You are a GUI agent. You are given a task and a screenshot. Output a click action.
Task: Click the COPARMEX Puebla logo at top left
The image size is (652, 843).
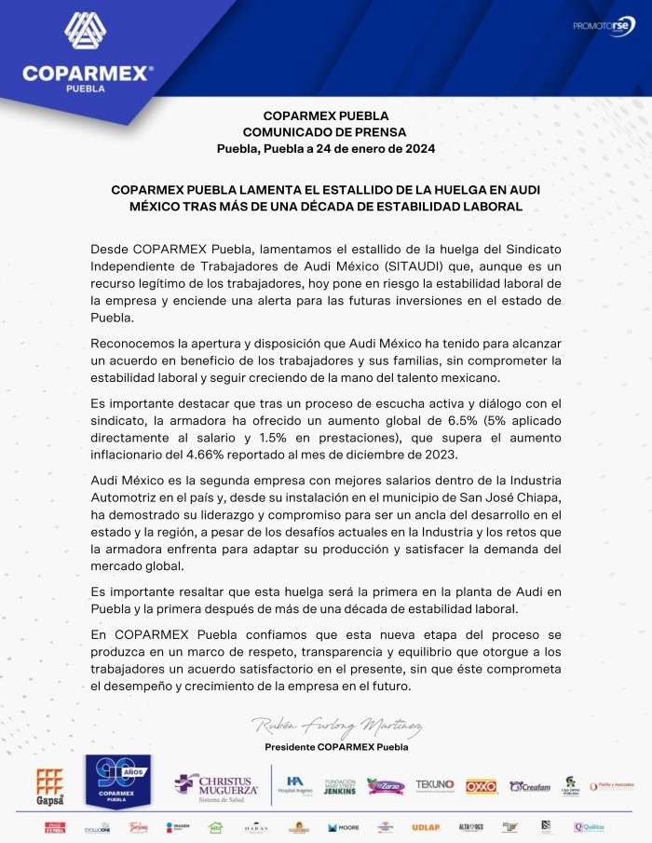tap(88, 52)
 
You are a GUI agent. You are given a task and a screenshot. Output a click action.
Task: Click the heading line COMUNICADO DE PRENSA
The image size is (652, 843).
tap(325, 132)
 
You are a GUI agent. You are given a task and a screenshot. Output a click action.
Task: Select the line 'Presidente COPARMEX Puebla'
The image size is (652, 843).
tap(336, 747)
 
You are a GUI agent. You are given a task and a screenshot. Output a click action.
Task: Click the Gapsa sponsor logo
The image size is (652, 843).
tap(49, 785)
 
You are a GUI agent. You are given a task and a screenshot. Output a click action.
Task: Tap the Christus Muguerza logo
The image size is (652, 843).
tap(218, 785)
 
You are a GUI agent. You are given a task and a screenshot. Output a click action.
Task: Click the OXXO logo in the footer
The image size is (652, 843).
tap(481, 786)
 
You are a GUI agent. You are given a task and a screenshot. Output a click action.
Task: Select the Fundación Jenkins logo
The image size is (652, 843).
tap(339, 786)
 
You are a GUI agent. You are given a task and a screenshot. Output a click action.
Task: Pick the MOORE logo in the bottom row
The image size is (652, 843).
tap(342, 827)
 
